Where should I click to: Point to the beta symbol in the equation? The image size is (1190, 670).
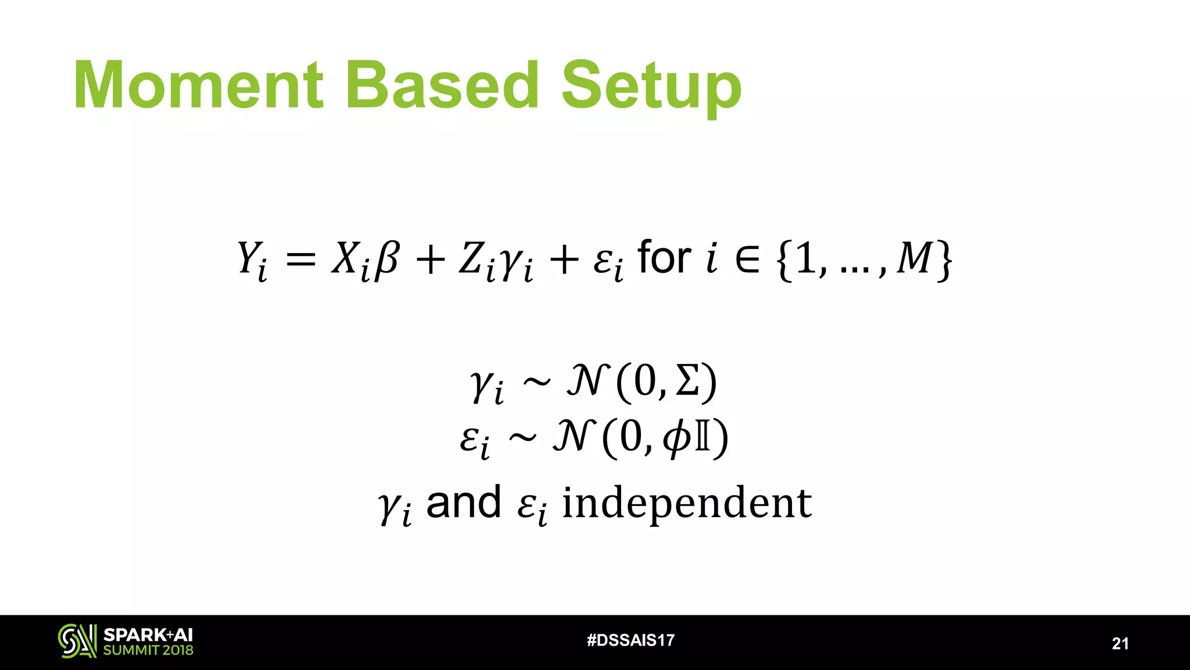click(x=386, y=259)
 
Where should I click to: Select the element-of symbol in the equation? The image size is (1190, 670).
click(x=747, y=259)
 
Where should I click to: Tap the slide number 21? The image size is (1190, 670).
click(x=1120, y=643)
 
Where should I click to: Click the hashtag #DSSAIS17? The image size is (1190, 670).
click(x=630, y=640)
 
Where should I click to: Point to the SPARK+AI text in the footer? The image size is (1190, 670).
click(x=148, y=635)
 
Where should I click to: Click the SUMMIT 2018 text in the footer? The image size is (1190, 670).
click(x=148, y=650)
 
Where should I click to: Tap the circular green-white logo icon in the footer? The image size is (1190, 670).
click(x=77, y=641)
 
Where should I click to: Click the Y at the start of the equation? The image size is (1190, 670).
click(x=249, y=258)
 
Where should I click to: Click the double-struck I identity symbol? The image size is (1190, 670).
click(x=702, y=437)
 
